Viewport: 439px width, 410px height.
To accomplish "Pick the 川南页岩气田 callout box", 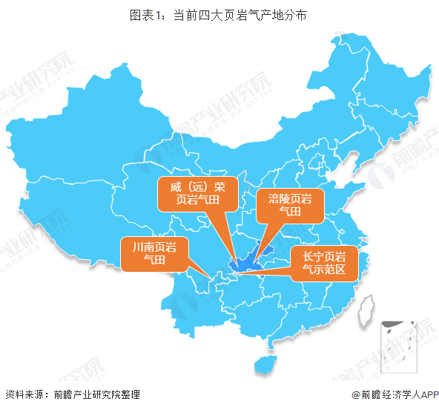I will pyautogui.click(x=155, y=254).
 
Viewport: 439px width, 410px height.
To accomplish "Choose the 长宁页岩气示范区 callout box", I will pyautogui.click(x=325, y=262).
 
